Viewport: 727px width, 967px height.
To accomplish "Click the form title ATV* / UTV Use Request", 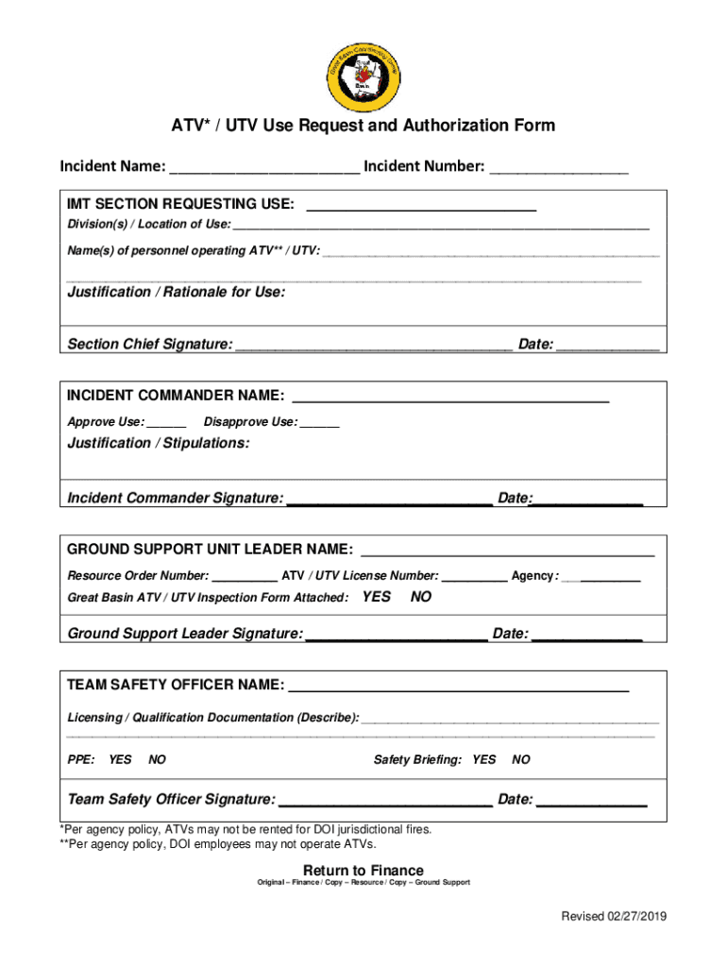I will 363,126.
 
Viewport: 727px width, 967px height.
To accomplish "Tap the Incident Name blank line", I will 264,170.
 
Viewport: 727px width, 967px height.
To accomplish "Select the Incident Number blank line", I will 559,170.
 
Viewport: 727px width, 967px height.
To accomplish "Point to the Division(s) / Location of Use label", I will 148,225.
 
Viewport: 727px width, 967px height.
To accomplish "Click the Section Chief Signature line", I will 374,347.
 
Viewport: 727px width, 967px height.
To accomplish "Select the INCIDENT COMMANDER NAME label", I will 176,395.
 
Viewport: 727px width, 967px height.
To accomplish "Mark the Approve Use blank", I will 167,424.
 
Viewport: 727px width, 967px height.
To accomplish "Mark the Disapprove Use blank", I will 320,424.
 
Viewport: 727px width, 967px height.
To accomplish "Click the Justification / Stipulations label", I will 159,443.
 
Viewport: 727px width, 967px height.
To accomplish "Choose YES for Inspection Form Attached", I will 377,597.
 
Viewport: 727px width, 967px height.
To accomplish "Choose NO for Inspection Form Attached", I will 421,597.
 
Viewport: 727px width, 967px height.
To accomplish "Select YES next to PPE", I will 120,759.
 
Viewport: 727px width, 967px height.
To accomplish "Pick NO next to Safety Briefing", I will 521,759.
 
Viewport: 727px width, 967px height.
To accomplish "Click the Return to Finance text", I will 363,870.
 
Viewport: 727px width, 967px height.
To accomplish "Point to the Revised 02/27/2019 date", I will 614,917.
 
